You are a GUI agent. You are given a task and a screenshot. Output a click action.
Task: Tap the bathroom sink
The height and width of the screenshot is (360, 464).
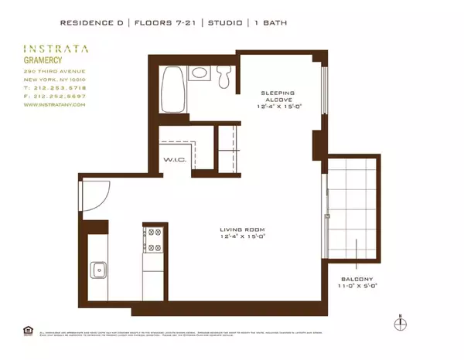[200, 75]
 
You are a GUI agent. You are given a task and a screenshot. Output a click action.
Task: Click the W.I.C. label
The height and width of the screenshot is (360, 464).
[172, 159]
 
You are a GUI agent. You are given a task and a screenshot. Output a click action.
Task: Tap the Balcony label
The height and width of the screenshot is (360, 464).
[354, 279]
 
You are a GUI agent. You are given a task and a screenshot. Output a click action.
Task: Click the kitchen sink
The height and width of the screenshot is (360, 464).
[100, 270]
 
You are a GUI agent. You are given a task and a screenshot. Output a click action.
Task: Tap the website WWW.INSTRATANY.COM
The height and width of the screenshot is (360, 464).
[53, 105]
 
